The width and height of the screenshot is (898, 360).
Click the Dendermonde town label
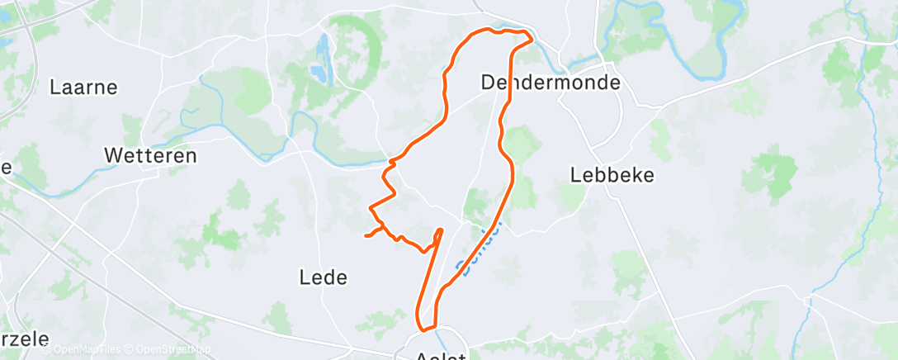[x=550, y=83]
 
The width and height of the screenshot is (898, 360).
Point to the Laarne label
[x=83, y=87]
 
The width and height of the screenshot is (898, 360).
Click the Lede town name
[x=324, y=277]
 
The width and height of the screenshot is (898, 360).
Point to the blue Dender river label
[x=479, y=249]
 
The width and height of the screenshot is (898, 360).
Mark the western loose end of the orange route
[x=366, y=236]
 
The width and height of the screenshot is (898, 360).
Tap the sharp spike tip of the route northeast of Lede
[x=440, y=230]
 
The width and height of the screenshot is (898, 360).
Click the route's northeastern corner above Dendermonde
[x=530, y=36]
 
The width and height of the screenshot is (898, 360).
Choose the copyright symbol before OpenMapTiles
[x=35, y=350]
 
